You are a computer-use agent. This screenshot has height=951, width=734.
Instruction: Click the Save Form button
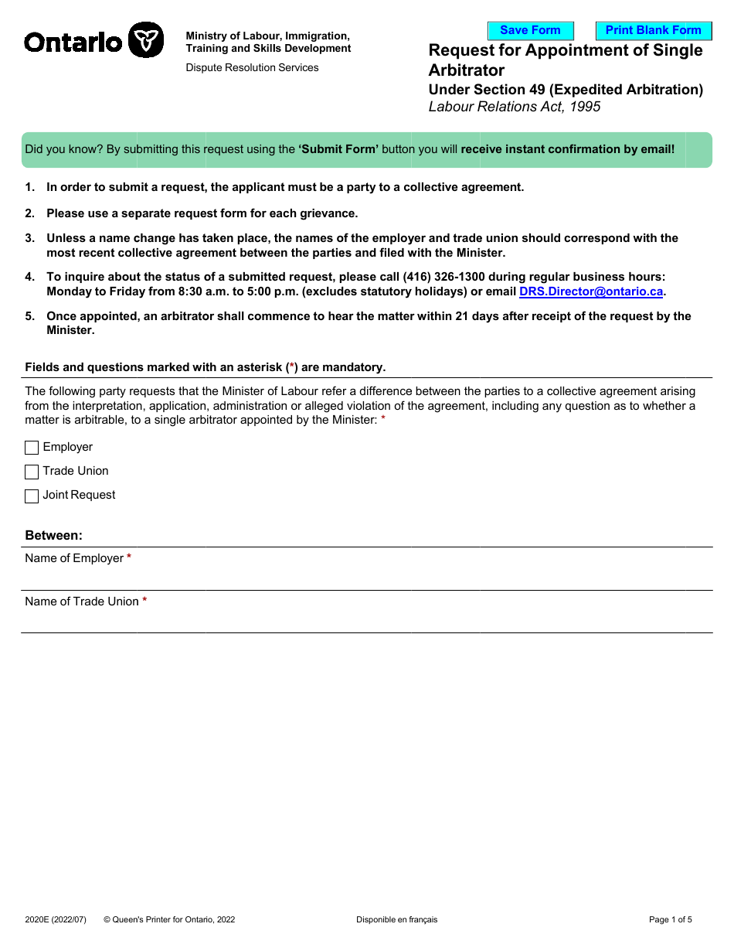[530, 31]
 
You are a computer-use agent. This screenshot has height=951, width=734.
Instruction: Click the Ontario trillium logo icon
[145, 39]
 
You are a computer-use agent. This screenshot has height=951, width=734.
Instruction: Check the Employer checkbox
[32, 448]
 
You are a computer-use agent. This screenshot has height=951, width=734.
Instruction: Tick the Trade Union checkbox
[32, 472]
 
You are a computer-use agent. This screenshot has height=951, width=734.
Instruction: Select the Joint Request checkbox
[32, 496]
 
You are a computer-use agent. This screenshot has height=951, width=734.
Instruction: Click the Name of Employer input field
[366, 577]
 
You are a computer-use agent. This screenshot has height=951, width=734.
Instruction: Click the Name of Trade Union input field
[366, 620]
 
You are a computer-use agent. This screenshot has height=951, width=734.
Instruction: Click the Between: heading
[53, 535]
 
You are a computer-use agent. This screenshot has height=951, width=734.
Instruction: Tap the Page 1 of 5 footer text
[670, 919]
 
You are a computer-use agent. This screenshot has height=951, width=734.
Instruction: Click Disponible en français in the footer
[396, 919]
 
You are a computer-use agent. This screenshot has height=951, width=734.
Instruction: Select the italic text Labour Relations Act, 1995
[514, 107]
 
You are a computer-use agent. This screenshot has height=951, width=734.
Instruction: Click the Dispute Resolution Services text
[252, 68]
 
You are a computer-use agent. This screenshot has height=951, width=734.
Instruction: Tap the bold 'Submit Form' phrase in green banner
[338, 149]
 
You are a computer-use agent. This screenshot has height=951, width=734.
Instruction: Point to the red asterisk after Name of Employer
[129, 557]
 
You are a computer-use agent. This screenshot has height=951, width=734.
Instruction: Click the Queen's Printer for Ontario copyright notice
[169, 919]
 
